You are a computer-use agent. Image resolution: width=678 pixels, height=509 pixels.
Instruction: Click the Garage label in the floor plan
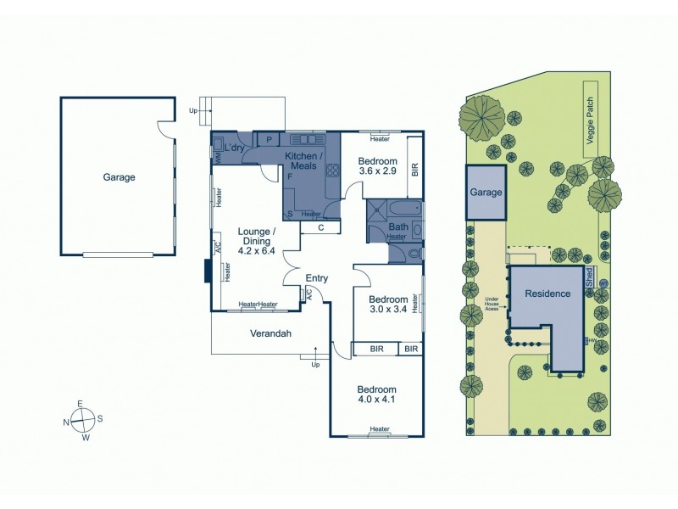pyautogui.click(x=119, y=177)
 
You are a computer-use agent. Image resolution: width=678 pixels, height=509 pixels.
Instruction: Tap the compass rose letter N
pyautogui.click(x=67, y=421)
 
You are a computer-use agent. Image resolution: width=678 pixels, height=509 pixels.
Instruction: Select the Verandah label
pyautogui.click(x=270, y=333)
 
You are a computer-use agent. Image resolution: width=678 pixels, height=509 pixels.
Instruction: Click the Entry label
pyautogui.click(x=317, y=278)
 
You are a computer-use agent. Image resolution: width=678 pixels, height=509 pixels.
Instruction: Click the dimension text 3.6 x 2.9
pyautogui.click(x=377, y=171)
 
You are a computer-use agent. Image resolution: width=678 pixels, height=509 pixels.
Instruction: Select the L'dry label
pyautogui.click(x=235, y=148)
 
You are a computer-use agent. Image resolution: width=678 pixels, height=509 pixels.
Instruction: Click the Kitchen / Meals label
pyautogui.click(x=303, y=161)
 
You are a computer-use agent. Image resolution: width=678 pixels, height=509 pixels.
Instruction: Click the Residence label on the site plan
pyautogui.click(x=547, y=294)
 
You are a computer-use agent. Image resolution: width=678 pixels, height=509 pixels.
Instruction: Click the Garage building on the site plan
pyautogui.click(x=486, y=193)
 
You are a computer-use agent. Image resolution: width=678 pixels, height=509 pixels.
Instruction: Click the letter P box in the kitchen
pyautogui.click(x=269, y=139)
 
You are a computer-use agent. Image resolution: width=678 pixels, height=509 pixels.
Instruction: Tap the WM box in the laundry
pyautogui.click(x=217, y=158)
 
